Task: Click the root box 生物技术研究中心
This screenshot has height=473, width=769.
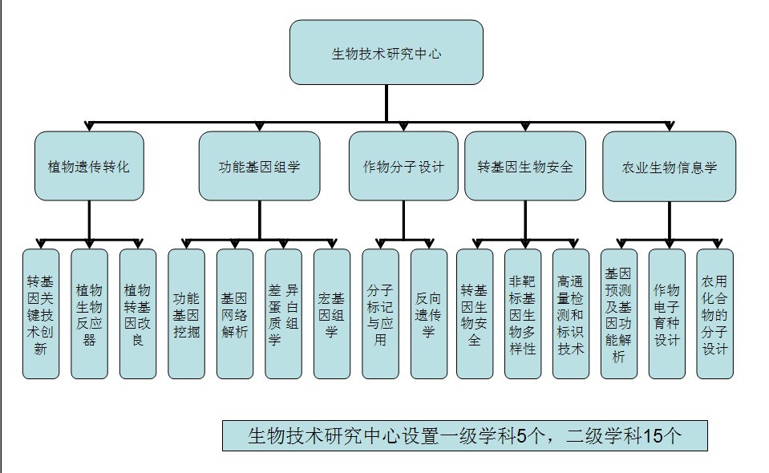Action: click(x=387, y=52)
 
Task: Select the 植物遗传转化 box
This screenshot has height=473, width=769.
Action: click(x=89, y=166)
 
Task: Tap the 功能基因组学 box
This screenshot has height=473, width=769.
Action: click(x=260, y=166)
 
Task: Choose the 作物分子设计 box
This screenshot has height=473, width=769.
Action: click(x=403, y=166)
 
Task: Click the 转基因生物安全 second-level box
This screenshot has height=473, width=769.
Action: click(x=525, y=166)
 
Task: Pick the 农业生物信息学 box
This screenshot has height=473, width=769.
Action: click(x=669, y=166)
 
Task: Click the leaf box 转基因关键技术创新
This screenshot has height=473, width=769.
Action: click(x=41, y=313)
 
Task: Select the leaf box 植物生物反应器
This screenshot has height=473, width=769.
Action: click(x=89, y=313)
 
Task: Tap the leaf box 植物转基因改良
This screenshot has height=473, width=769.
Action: click(x=138, y=313)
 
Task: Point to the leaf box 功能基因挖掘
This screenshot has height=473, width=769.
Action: click(x=186, y=313)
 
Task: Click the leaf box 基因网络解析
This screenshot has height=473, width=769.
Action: click(x=235, y=313)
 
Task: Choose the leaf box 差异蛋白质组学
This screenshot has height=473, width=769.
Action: click(x=284, y=313)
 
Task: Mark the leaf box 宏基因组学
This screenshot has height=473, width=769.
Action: click(x=332, y=313)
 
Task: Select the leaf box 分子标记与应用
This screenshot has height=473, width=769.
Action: click(x=381, y=313)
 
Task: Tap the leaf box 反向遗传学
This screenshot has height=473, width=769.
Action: click(x=429, y=313)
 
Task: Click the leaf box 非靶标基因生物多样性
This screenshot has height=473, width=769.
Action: click(x=523, y=313)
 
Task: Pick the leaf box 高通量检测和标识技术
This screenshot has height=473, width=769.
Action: click(x=571, y=313)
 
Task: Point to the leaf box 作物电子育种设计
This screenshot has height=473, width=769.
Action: click(x=667, y=313)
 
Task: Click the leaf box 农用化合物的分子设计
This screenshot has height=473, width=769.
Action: click(x=715, y=313)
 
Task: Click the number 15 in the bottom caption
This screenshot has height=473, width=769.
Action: click(x=654, y=436)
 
